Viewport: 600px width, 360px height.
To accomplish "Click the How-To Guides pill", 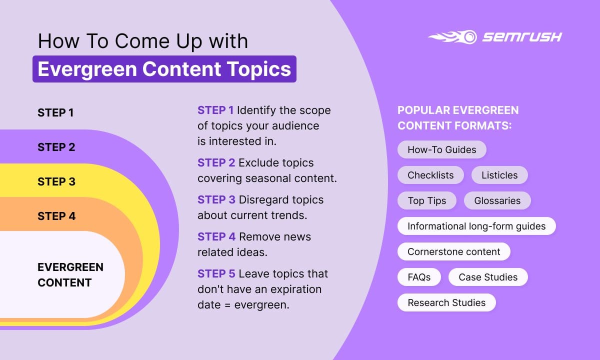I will pyautogui.click(x=441, y=149).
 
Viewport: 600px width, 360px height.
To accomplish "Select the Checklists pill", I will pyautogui.click(x=430, y=175).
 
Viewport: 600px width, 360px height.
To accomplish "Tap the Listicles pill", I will pyautogui.click(x=499, y=175).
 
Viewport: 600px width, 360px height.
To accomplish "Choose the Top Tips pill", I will pyautogui.click(x=426, y=200).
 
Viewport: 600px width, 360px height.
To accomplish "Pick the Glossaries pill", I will pyautogui.click(x=497, y=200).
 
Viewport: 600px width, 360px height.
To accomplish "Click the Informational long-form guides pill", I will pyautogui.click(x=476, y=226).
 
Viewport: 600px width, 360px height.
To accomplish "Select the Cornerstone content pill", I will pyautogui.click(x=453, y=251).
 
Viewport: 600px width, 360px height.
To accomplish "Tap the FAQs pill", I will pyautogui.click(x=419, y=277).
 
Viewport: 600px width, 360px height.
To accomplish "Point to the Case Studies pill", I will pyautogui.click(x=488, y=277).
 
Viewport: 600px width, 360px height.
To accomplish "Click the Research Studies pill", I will pyautogui.click(x=446, y=302).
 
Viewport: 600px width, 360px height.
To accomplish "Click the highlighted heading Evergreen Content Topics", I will pyautogui.click(x=164, y=69).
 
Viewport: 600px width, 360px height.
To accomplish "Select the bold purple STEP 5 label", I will pyautogui.click(x=216, y=274).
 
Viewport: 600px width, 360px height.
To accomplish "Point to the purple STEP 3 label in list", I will pyautogui.click(x=216, y=200).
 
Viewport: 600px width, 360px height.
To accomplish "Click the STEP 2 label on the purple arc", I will pyautogui.click(x=56, y=147).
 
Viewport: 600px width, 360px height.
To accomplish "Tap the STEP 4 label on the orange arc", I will pyautogui.click(x=56, y=216).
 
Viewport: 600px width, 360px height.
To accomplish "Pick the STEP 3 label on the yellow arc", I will pyautogui.click(x=56, y=181).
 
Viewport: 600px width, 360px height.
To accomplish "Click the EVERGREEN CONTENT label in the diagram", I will pyautogui.click(x=63, y=274).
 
